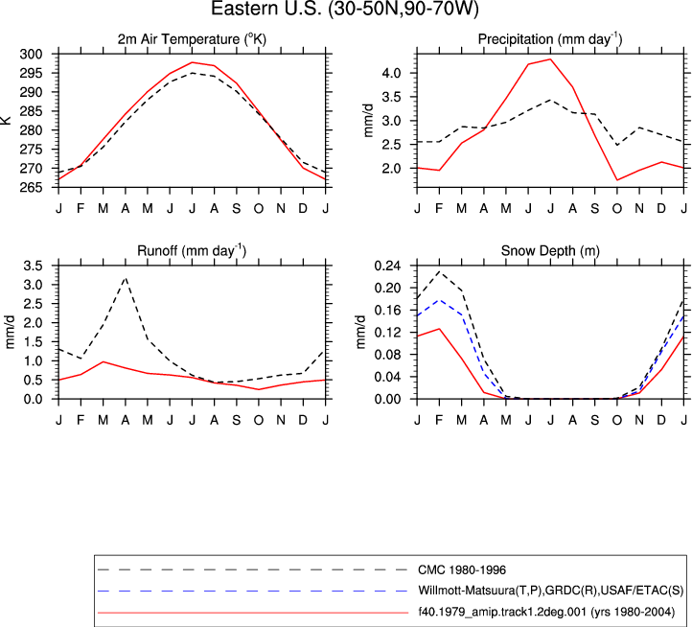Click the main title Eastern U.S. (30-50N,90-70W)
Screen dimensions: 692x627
point(345,9)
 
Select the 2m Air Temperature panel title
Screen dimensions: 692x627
point(192,39)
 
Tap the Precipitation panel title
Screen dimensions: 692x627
point(550,39)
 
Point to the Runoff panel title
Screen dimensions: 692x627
point(192,251)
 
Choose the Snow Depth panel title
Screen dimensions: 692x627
point(550,251)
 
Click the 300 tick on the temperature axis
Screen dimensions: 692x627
point(32,55)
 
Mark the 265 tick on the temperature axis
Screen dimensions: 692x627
point(32,188)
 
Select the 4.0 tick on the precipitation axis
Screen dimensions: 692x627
point(391,73)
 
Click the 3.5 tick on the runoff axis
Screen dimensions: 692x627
point(34,266)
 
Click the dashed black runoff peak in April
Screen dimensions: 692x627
point(126,278)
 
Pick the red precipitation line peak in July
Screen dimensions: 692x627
point(550,59)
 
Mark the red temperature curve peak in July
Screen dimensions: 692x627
point(193,62)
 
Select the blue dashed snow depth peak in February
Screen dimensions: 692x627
point(440,300)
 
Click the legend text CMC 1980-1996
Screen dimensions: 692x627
point(462,570)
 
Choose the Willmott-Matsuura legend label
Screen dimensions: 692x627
point(551,591)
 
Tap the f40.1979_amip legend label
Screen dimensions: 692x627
point(547,612)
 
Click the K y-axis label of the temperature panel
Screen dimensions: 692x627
point(6,120)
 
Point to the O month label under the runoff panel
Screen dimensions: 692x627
point(259,420)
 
